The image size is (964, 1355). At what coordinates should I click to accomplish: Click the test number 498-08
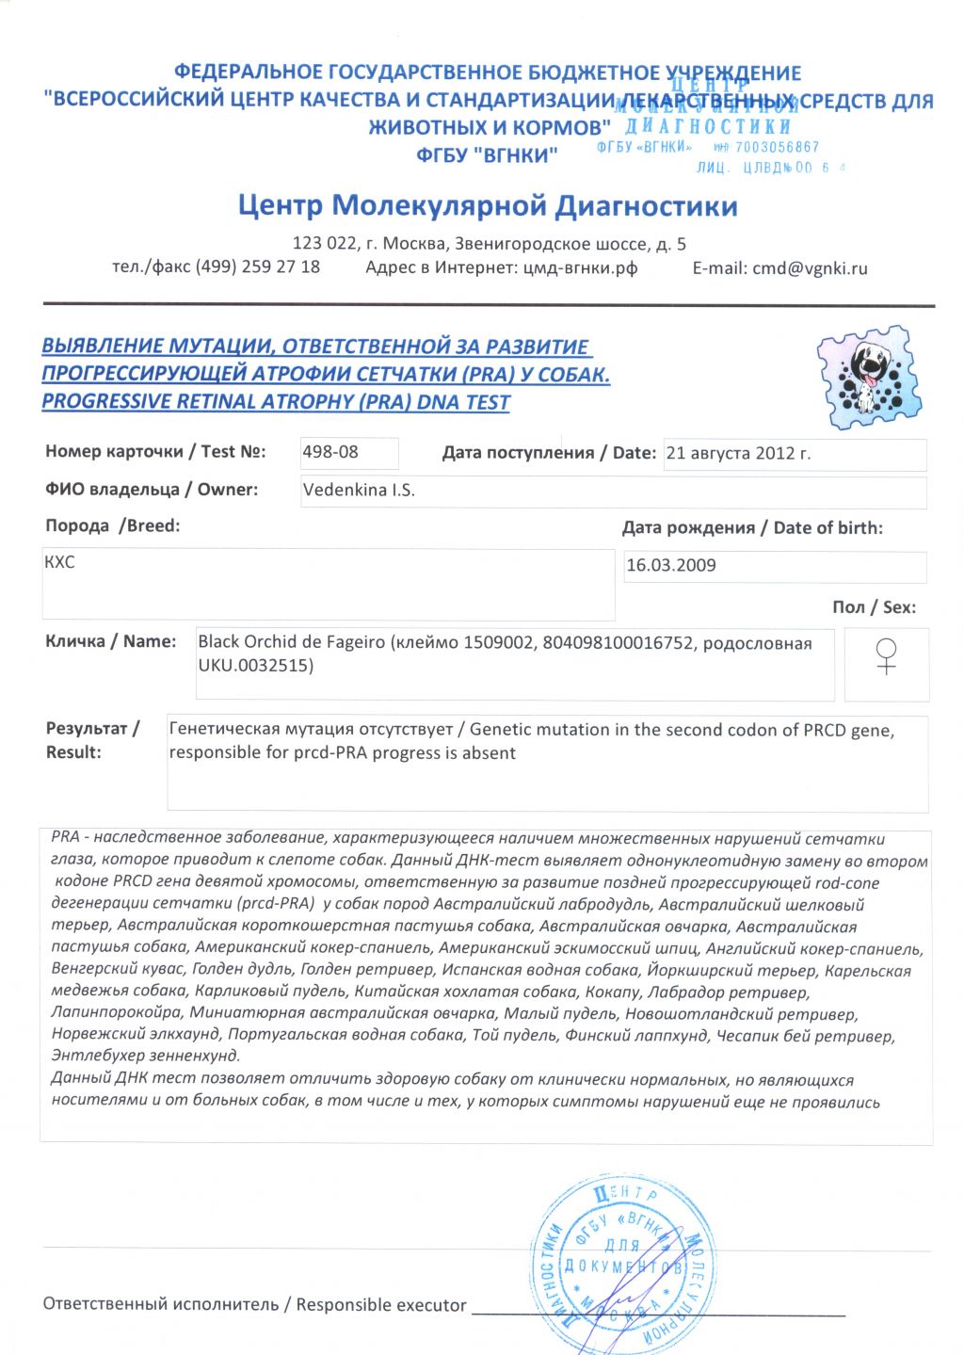[x=330, y=452]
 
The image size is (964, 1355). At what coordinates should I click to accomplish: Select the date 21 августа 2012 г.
[x=738, y=453]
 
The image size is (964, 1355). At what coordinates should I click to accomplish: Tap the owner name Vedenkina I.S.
[x=359, y=490]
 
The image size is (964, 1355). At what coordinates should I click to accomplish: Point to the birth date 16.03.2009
[x=670, y=565]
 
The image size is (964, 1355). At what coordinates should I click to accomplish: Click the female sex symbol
[x=886, y=656]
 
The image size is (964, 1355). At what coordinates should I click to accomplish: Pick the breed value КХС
[x=59, y=562]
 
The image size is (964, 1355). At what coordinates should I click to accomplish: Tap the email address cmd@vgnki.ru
[x=810, y=268]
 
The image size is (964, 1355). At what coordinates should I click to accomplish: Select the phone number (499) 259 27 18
[x=257, y=266]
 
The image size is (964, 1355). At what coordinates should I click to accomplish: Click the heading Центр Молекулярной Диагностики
[x=488, y=205]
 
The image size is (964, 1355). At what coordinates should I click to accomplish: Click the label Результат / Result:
[x=92, y=740]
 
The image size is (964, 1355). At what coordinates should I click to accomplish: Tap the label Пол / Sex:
[x=874, y=607]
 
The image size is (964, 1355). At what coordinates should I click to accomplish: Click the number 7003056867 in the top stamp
[x=778, y=148]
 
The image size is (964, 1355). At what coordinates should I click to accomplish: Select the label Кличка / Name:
[x=110, y=641]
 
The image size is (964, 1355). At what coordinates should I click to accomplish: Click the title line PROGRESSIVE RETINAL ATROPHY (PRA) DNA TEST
[x=276, y=402]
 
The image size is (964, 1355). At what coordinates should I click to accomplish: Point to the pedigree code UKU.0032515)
[x=256, y=666]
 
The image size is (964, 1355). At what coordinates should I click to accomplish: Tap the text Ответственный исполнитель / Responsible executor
[x=254, y=1304]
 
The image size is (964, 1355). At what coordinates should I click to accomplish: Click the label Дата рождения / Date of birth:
[x=752, y=528]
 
